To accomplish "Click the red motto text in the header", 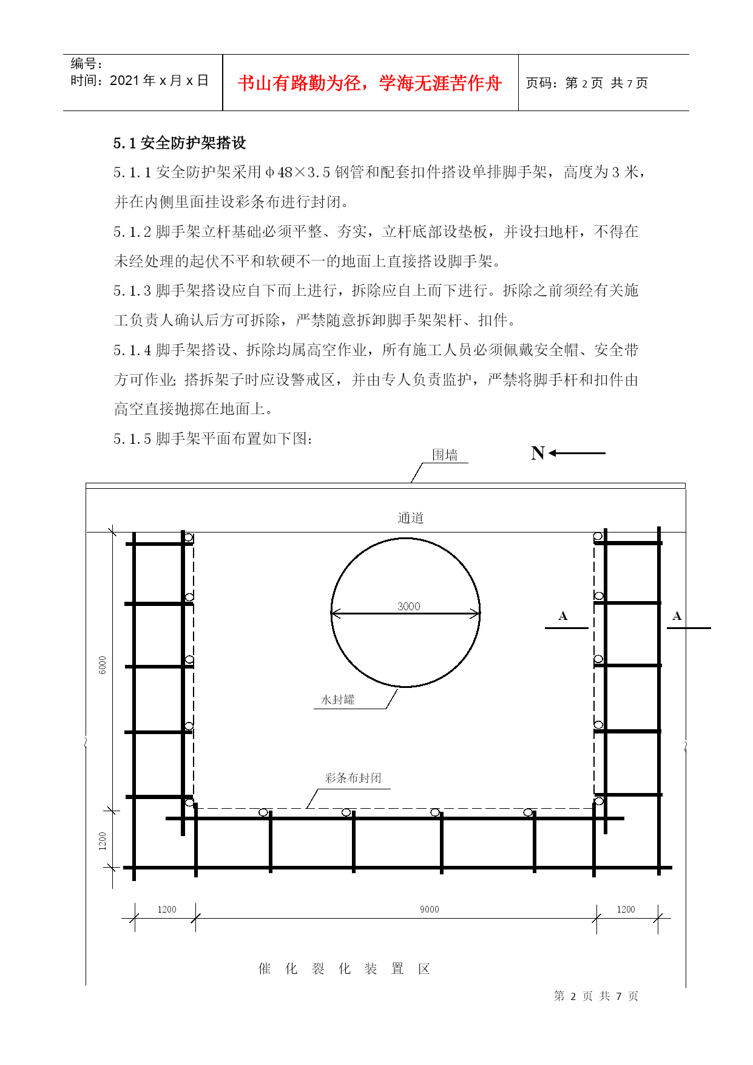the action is coord(370,83).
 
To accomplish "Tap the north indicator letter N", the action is coord(538,453).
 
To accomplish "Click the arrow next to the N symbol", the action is coord(577,453).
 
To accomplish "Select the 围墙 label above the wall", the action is coord(445,455).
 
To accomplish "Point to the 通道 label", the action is coord(411,518).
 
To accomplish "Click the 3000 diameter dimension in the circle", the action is coord(408,606).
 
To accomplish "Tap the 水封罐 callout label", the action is coord(337,699).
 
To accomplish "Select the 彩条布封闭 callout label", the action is coord(353,778).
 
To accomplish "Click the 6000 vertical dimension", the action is coord(103,665).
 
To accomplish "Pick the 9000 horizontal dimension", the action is coord(429,909).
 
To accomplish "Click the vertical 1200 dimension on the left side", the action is coord(103,841).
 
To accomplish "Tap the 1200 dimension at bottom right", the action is coord(626,909).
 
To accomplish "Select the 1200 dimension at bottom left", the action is coord(167,909).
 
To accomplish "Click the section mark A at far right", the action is coord(677,616).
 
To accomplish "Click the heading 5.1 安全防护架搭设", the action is coord(180,143).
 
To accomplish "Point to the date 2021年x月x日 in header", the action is coord(159,81).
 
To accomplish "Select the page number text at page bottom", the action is coord(596,996).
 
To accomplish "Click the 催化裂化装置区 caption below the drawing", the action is coord(344,968).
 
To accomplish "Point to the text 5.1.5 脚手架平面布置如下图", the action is coord(213,438).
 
